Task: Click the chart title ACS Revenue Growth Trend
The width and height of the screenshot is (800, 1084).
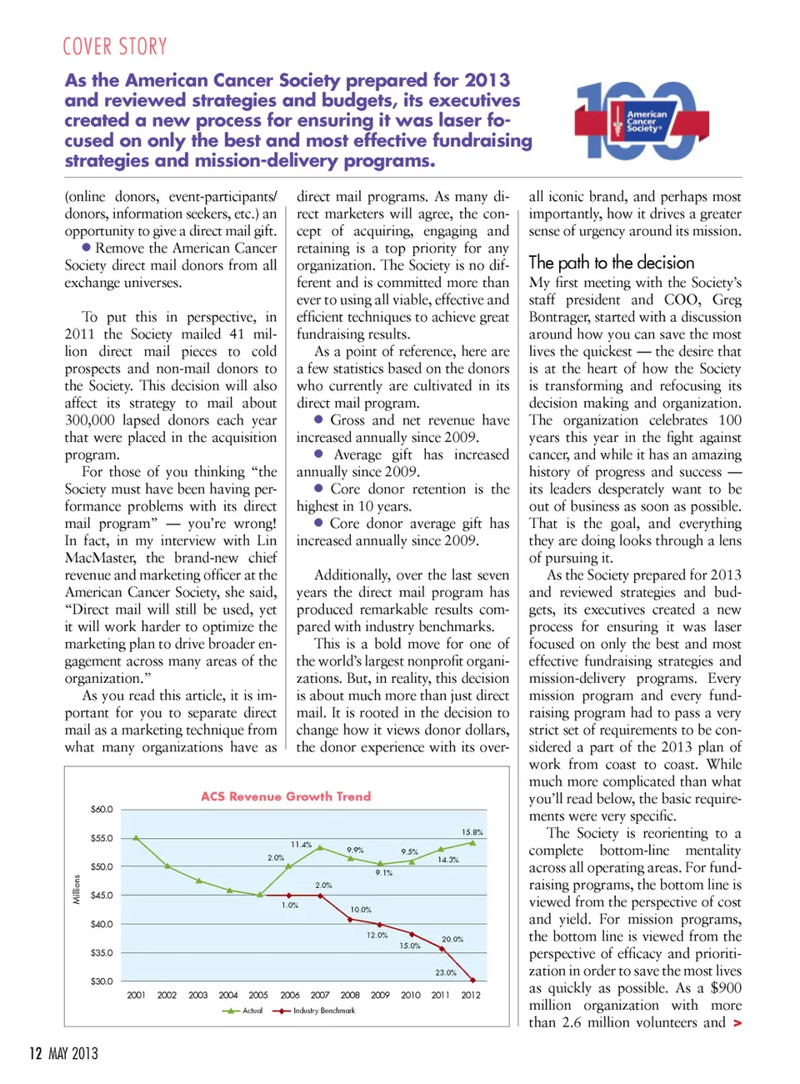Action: click(x=286, y=796)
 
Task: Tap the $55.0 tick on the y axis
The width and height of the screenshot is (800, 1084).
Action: click(x=102, y=838)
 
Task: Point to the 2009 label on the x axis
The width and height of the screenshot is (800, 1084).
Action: click(x=380, y=995)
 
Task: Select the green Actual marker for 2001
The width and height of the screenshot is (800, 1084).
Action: click(x=136, y=838)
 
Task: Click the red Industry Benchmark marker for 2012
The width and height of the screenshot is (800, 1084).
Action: click(x=473, y=981)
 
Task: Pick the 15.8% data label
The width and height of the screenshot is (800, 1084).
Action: click(x=472, y=832)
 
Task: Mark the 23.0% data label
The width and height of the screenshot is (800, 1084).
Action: click(x=446, y=972)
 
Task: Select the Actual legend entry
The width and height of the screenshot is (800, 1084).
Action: click(x=243, y=1011)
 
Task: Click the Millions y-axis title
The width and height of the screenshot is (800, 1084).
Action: click(x=77, y=889)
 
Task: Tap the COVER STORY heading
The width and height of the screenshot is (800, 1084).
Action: click(x=115, y=47)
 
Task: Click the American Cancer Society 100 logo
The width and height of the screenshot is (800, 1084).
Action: click(x=635, y=121)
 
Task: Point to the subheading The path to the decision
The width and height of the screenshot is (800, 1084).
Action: click(x=611, y=263)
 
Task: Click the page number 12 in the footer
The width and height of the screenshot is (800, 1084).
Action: click(x=35, y=1053)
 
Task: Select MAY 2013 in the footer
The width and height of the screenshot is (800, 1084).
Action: click(x=73, y=1054)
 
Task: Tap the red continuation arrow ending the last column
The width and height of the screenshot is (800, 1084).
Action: click(x=737, y=1023)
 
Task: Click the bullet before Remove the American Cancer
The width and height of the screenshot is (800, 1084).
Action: click(x=86, y=247)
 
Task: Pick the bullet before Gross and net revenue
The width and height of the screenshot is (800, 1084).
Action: click(x=318, y=419)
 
